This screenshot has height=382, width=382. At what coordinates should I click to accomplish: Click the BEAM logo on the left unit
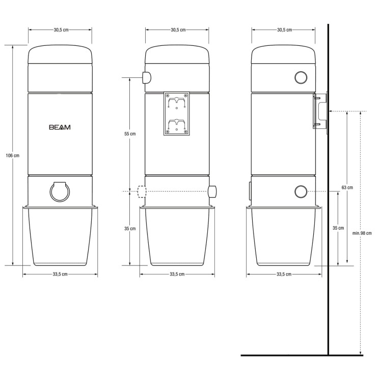[x=60, y=127]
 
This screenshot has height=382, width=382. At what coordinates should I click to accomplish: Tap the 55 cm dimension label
[x=130, y=134]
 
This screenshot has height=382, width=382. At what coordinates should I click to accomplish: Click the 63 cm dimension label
[x=347, y=187]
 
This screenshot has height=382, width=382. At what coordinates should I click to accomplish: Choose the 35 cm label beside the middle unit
[x=130, y=229]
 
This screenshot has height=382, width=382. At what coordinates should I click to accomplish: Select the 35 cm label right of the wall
[x=338, y=228]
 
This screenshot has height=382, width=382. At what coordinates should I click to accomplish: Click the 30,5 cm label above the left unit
[x=60, y=30]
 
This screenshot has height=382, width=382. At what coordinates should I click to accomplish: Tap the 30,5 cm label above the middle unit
[x=177, y=30]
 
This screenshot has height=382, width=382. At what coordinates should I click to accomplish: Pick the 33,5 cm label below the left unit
[x=60, y=275]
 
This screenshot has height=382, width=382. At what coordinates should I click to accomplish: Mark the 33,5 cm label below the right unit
[x=284, y=275]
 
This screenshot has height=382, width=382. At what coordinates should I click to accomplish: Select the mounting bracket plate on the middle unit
[x=176, y=114]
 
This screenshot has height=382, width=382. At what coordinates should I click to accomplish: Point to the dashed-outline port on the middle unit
[x=142, y=192]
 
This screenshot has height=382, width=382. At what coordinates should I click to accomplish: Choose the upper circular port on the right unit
[x=301, y=77]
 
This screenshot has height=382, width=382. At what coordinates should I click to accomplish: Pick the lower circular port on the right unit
[x=301, y=192]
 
